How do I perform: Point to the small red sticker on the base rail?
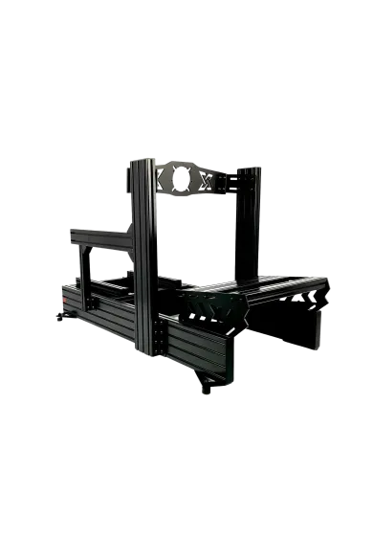pos(67,299)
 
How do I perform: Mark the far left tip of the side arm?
pos(72,232)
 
